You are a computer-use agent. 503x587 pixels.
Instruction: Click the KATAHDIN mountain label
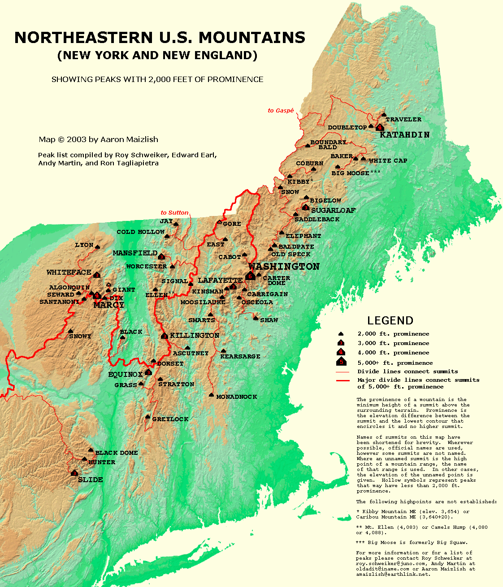(404, 134)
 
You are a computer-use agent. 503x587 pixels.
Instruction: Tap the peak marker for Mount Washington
(251, 276)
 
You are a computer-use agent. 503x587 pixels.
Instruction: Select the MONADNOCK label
(236, 397)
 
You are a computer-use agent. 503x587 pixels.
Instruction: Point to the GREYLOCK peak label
(170, 419)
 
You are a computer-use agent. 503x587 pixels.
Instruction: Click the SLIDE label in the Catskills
(91, 479)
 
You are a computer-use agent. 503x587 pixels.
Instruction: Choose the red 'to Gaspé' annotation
(281, 110)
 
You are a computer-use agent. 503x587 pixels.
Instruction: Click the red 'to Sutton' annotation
(174, 212)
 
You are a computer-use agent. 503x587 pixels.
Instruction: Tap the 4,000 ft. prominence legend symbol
(341, 352)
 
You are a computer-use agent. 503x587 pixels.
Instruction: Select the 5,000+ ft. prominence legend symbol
(341, 362)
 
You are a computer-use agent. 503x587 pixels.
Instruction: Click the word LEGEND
(390, 320)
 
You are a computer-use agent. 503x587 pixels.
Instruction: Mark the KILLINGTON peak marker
(165, 336)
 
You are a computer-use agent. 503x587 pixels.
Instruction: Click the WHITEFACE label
(69, 272)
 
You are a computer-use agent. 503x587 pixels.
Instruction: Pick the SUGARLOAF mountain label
(333, 210)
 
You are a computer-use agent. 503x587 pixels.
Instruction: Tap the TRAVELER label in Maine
(403, 119)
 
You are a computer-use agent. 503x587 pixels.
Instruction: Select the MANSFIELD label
(135, 253)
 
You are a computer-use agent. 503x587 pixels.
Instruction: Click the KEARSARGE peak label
(240, 356)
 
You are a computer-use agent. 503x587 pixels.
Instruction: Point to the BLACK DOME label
(117, 453)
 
